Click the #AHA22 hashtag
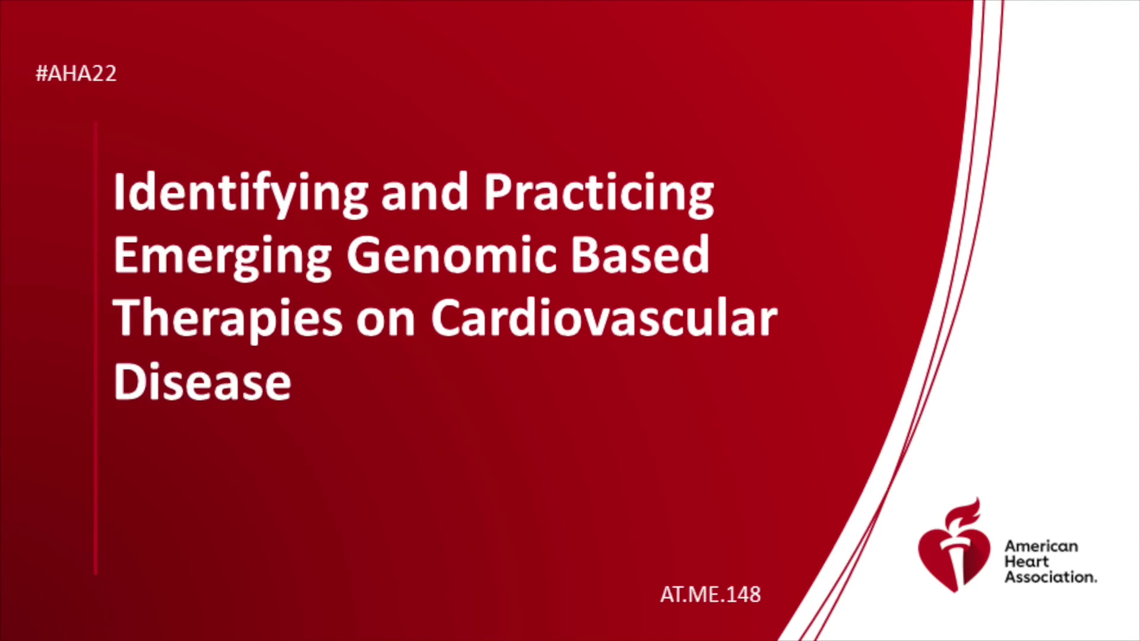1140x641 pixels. (x=76, y=74)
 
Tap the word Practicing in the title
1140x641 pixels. (x=599, y=194)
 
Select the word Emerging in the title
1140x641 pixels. (x=223, y=256)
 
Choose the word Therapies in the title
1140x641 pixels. (x=228, y=319)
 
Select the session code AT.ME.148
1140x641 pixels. (x=710, y=594)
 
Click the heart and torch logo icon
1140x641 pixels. (x=954, y=545)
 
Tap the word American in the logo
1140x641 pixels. (x=1041, y=546)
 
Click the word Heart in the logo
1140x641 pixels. (x=1027, y=561)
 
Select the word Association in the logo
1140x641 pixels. (x=1050, y=577)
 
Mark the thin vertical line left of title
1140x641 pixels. (x=95, y=348)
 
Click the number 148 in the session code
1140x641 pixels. (x=742, y=594)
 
